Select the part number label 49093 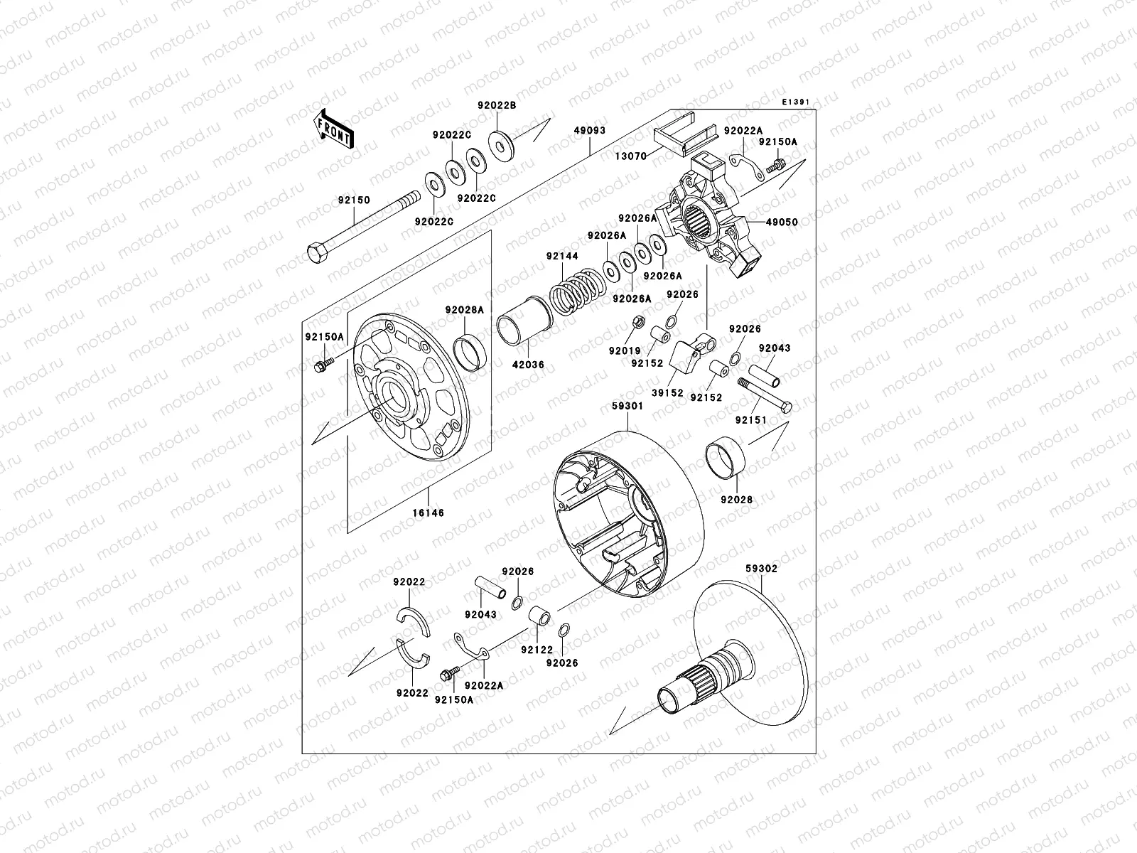point(589,130)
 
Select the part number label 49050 point(782,222)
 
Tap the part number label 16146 point(427,512)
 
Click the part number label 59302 point(761,569)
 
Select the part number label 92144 point(561,256)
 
